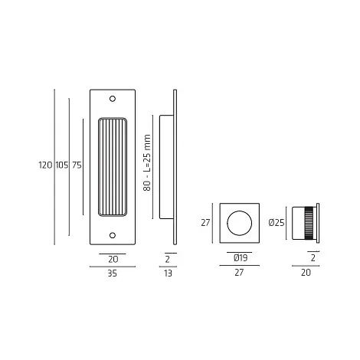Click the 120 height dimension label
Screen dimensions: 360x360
pos(45,165)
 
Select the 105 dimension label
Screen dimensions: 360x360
pos(62,165)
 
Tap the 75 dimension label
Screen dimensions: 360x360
pos(77,165)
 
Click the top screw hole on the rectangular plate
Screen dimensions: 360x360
pos(113,99)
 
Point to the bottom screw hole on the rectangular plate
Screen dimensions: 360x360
pos(113,235)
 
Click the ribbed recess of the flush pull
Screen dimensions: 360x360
pos(113,167)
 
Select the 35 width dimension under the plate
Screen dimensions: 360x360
pos(112,273)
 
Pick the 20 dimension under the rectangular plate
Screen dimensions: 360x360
pos(113,260)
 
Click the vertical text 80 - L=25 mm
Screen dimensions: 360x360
pos(147,162)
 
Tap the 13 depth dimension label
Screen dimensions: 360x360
pos(168,273)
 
